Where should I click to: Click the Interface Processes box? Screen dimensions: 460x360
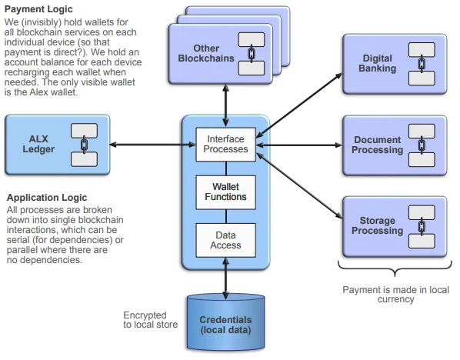(225, 145)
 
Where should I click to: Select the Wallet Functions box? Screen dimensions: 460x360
(225, 192)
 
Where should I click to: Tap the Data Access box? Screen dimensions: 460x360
(225, 240)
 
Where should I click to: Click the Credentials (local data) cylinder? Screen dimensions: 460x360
(225, 322)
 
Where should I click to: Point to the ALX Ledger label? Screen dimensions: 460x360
(38, 144)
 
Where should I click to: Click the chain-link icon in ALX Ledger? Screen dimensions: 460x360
(84, 145)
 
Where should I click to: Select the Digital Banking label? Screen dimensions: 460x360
(377, 63)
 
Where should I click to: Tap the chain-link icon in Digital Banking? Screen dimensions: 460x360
(422, 64)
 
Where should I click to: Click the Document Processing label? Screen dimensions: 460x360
(377, 145)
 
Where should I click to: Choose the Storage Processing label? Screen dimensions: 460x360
(377, 225)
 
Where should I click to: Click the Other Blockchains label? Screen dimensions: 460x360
(206, 53)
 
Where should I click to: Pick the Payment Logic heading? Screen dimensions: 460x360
(38, 9)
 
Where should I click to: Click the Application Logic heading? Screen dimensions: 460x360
(47, 198)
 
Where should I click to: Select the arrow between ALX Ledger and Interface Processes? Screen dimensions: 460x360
(152, 145)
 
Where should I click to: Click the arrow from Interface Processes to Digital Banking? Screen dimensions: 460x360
(299, 105)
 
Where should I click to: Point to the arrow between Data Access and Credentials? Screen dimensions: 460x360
(225, 278)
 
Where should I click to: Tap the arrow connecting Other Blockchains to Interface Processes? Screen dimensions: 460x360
(225, 106)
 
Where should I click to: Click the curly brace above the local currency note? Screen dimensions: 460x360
(395, 269)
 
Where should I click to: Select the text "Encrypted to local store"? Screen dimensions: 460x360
(151, 319)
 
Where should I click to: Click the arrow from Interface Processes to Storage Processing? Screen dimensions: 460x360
(299, 185)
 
